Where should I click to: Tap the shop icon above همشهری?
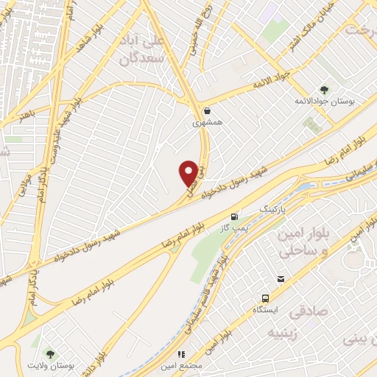click(206, 111)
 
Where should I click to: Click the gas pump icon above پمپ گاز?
click(234, 216)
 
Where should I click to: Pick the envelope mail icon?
click(281, 278)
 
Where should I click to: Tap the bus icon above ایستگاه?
click(265, 298)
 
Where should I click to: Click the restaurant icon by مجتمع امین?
click(180, 355)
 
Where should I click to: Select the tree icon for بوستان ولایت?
click(50, 353)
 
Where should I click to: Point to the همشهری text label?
click(206, 123)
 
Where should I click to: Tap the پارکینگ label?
click(269, 209)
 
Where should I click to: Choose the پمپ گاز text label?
click(234, 228)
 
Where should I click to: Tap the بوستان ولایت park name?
click(50, 365)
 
